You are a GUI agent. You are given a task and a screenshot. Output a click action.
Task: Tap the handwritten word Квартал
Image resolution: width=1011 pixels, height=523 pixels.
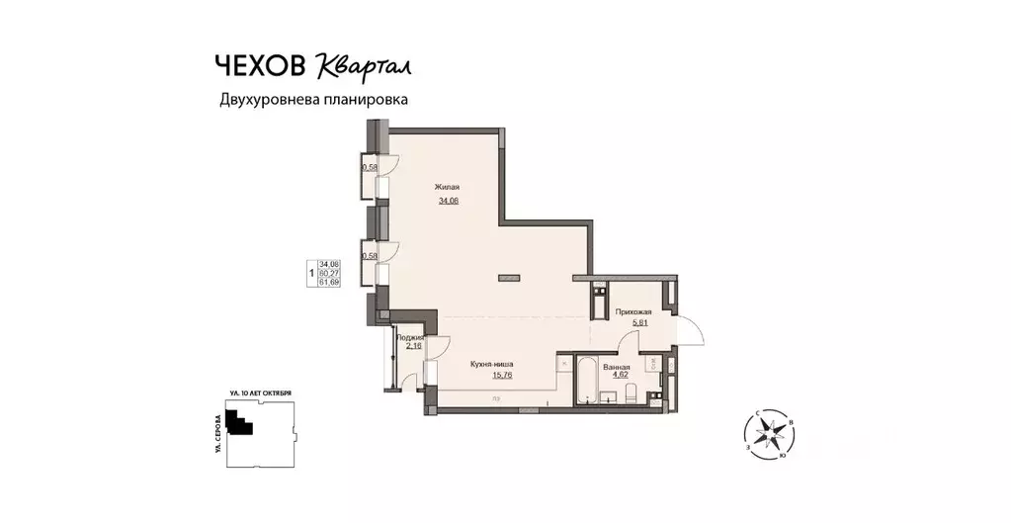pyautogui.click(x=364, y=65)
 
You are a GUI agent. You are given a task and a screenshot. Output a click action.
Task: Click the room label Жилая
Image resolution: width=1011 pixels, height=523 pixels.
pyautogui.click(x=448, y=187)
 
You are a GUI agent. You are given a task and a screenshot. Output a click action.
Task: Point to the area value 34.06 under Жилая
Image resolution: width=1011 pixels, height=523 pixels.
pyautogui.click(x=449, y=201)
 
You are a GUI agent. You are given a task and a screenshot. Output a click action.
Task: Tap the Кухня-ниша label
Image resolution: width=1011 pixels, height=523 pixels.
pyautogui.click(x=491, y=364)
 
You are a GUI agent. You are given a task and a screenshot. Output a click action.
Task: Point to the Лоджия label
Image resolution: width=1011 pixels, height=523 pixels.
pyautogui.click(x=410, y=337)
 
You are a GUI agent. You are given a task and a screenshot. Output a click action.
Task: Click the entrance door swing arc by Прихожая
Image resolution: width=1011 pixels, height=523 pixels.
pyautogui.click(x=694, y=331)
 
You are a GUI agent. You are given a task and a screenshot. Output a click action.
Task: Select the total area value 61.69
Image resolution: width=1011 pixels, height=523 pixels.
pyautogui.click(x=327, y=282)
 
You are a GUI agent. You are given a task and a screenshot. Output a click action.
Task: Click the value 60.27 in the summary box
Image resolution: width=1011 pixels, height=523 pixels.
pyautogui.click(x=327, y=273)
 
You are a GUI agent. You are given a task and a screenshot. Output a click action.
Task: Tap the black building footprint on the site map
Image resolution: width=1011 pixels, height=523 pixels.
pyautogui.click(x=237, y=424)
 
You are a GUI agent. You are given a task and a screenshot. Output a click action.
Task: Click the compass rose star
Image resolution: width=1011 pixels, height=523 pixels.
pyautogui.click(x=769, y=433)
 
